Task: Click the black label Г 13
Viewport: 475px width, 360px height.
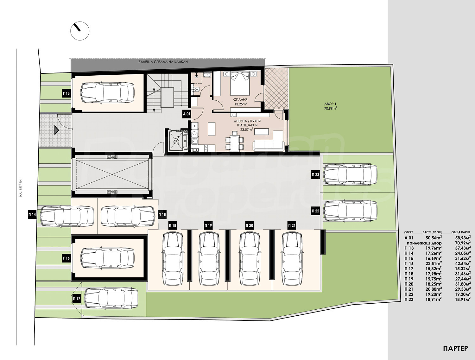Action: (x=66, y=93)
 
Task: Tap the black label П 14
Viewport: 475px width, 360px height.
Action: (x=32, y=215)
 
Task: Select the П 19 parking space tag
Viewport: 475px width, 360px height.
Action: (x=208, y=226)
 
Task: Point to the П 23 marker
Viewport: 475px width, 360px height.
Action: (x=315, y=174)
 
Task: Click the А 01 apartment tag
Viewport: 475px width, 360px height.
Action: (x=186, y=114)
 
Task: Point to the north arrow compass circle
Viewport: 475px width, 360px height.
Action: (x=80, y=31)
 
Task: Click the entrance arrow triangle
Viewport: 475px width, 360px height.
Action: (x=56, y=131)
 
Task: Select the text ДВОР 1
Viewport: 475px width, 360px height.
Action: (x=329, y=104)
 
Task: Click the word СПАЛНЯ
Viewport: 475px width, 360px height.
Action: (x=240, y=99)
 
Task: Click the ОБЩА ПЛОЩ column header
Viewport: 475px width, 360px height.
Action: (x=460, y=232)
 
